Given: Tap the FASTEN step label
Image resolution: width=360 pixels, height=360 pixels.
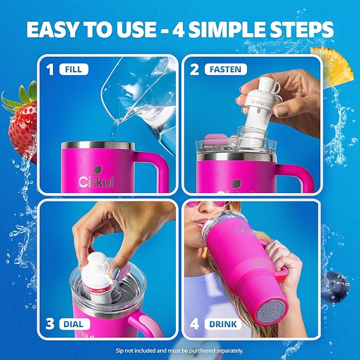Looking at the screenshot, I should (x=225, y=69).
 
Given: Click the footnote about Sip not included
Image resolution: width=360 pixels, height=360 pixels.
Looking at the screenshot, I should (x=180, y=350).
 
